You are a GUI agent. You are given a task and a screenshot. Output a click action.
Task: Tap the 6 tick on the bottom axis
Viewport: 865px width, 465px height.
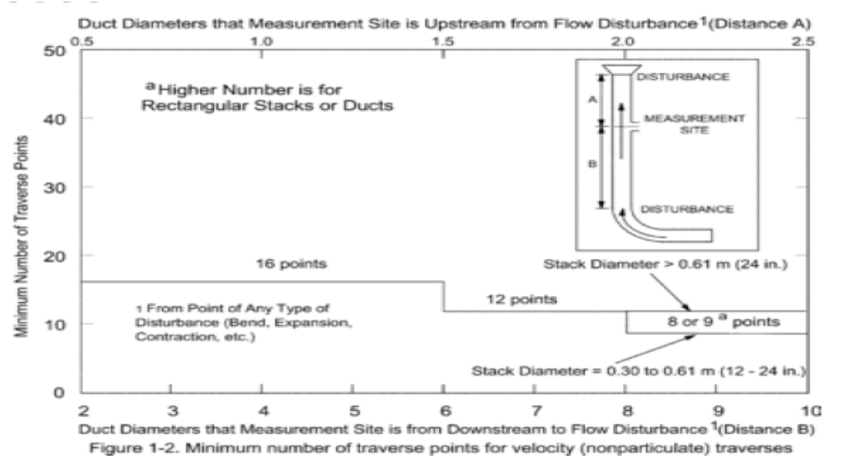pos(445,410)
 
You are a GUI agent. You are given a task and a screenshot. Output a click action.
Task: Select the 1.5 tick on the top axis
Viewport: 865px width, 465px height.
pos(443,41)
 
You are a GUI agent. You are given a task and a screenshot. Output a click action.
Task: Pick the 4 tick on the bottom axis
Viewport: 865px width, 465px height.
pos(264,410)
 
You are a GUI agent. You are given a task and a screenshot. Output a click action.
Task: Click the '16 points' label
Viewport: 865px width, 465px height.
pos(280,265)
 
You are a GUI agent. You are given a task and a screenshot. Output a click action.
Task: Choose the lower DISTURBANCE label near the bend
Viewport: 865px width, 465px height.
pos(687,209)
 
